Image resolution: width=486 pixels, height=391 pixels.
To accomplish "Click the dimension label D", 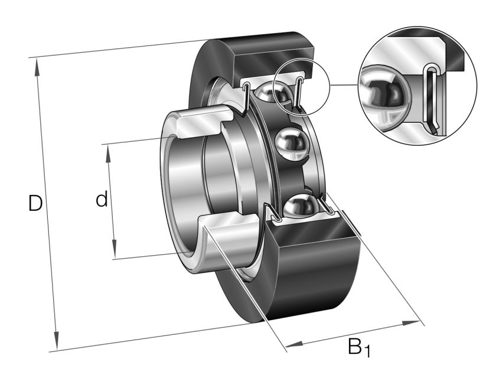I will tap(35, 204).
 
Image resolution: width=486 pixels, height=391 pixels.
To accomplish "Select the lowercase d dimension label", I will tap(102, 200).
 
